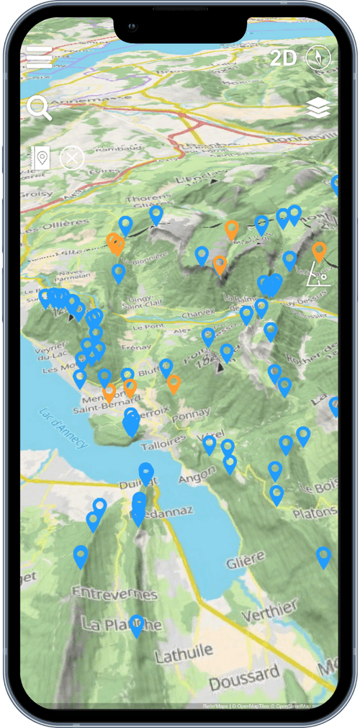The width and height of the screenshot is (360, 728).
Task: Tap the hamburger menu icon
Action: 40,58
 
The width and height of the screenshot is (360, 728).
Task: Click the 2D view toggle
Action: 283,58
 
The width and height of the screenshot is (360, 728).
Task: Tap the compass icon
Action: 318,58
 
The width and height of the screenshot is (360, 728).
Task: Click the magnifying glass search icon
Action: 39,108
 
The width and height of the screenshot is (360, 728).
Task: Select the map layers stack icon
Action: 318,108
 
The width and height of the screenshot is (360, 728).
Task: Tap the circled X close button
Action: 72,158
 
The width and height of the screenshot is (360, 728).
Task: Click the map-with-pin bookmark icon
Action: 40,158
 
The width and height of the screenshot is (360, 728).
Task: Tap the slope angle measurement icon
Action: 318,274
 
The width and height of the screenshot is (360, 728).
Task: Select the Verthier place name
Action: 269,612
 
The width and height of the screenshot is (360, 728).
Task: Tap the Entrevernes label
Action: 115,596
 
